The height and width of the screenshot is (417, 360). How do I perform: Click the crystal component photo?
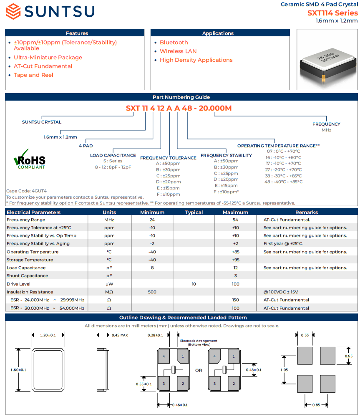(x=327, y=59)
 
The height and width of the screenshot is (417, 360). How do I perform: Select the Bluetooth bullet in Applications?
(x=174, y=43)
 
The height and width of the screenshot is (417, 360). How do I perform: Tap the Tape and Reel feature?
(x=33, y=75)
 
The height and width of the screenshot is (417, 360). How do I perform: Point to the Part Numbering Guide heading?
(x=181, y=97)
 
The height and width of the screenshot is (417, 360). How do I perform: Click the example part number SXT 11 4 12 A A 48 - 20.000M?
(x=179, y=109)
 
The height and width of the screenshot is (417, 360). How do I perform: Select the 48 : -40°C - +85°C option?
(x=284, y=182)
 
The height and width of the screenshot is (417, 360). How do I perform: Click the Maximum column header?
(x=235, y=212)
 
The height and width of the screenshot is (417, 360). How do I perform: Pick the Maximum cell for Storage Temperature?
(x=235, y=260)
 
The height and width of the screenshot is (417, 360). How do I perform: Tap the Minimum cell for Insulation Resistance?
(x=152, y=292)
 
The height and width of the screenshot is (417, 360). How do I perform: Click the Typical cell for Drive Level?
(x=194, y=284)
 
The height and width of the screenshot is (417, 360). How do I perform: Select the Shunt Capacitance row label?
(x=27, y=275)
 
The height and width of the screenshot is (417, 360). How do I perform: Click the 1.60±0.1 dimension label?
(x=18, y=370)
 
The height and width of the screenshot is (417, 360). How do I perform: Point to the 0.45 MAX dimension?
(x=119, y=335)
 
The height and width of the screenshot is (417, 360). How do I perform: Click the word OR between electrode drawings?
(x=199, y=370)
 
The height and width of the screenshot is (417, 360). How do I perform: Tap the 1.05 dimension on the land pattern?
(x=284, y=370)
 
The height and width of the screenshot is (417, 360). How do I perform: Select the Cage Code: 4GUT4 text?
(x=26, y=191)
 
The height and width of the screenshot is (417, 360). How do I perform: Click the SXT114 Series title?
(x=332, y=13)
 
